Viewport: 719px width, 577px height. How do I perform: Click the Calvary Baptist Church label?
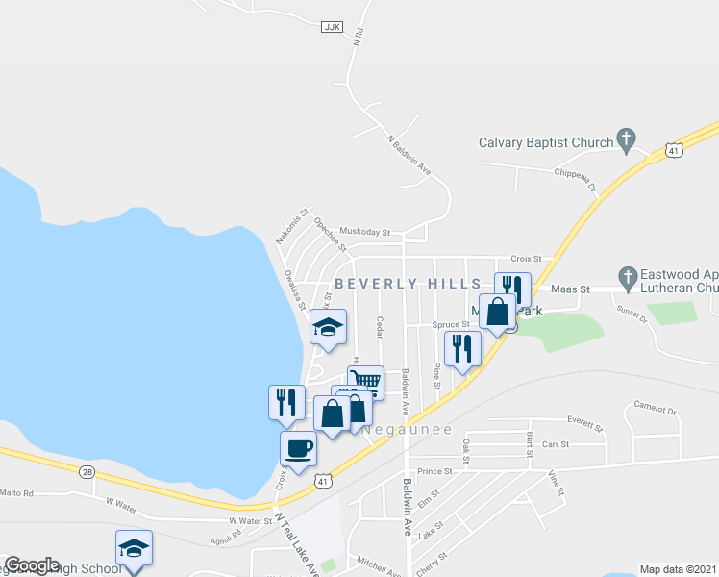click(546, 143)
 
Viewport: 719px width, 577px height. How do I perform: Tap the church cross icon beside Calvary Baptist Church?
click(626, 139)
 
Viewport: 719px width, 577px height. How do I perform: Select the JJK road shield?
click(333, 29)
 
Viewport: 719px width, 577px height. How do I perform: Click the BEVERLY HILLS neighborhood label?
click(408, 284)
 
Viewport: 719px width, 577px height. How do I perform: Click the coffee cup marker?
click(298, 448)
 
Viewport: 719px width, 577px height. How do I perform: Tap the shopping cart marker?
click(365, 382)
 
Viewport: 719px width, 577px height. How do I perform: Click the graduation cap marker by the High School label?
click(134, 548)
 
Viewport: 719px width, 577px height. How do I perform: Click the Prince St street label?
click(434, 471)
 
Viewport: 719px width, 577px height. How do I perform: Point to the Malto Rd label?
click(16, 492)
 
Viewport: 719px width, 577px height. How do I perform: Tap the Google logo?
click(32, 565)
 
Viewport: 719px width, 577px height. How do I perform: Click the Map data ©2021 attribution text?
click(678, 569)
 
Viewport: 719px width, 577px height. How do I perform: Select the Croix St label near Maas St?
click(527, 259)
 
